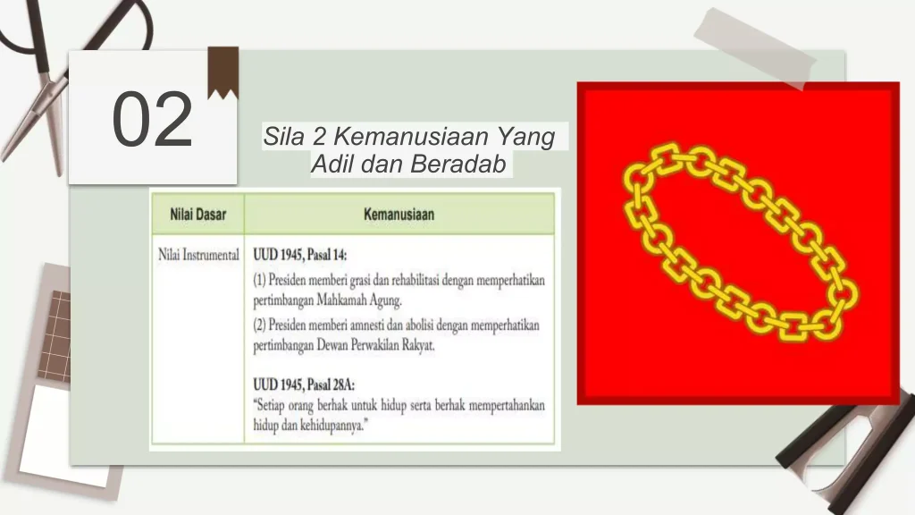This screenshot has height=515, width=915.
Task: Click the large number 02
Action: (x=152, y=120)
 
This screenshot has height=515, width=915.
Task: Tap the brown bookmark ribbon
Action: (x=222, y=71)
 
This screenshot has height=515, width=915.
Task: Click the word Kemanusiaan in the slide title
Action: (x=411, y=137)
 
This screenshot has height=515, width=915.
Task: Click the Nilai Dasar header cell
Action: (x=197, y=215)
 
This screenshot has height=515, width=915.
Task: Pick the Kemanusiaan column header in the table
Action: (x=399, y=215)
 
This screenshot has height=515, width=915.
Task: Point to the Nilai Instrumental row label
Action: (x=198, y=255)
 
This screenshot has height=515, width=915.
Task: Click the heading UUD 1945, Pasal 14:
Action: (x=300, y=255)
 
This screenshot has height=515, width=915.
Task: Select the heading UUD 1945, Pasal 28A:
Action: (x=304, y=384)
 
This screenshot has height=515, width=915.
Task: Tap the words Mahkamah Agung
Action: (x=359, y=300)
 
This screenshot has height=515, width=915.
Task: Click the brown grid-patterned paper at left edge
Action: (x=55, y=336)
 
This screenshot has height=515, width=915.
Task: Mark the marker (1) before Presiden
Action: (x=259, y=281)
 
